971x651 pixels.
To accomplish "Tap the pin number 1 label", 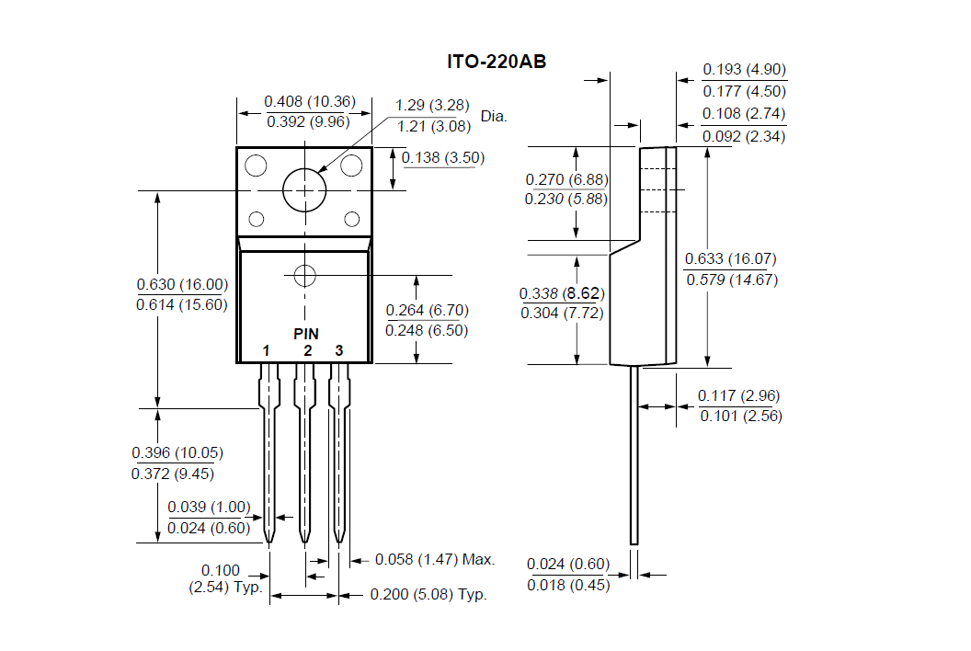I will coord(266,350).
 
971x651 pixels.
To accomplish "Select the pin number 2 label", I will coord(307,350).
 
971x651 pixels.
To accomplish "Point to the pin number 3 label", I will coord(338,350).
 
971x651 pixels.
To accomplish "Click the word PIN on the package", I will coord(306,333).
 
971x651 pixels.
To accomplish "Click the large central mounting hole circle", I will coord(304,190).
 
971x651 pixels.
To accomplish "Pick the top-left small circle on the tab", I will coord(256,166).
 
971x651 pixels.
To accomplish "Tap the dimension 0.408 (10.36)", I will coord(304,101).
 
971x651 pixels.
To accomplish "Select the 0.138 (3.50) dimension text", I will coord(442,157).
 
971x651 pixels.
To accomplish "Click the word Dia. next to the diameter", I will coord(494,117).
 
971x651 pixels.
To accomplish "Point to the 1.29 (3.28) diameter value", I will coord(433,106).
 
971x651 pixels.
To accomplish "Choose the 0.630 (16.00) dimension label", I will coord(182,284).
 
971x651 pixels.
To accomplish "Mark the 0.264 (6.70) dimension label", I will coord(427,310).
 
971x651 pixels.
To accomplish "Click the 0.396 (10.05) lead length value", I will coord(177,452).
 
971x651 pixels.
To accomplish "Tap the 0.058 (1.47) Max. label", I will coord(435,559).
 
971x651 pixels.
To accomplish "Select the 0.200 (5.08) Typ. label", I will coord(428,594).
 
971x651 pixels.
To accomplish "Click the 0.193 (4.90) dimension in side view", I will coord(745,70).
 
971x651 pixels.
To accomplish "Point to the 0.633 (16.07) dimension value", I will coord(732,259).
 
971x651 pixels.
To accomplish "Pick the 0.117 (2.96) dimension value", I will coord(739,395).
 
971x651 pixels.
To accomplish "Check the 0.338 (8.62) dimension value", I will coord(561,293).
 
